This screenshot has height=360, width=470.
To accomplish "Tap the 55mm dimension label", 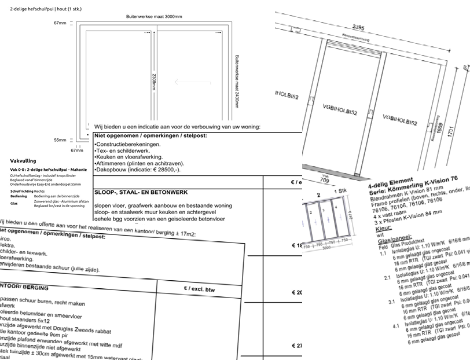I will click(60, 139).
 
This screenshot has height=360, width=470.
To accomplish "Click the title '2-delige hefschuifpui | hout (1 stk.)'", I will click(45, 6).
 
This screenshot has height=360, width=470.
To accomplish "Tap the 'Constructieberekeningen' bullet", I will click(130, 143).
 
